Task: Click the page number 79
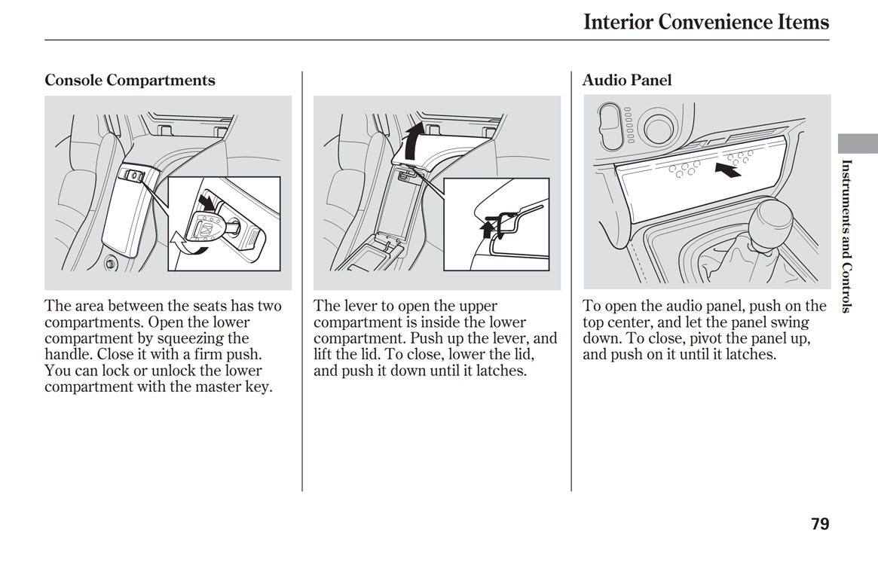click(820, 524)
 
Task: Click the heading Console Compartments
click(130, 81)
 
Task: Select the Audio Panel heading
click(626, 80)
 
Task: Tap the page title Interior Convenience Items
click(706, 22)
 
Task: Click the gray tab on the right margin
click(858, 143)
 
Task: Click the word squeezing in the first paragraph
click(191, 338)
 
